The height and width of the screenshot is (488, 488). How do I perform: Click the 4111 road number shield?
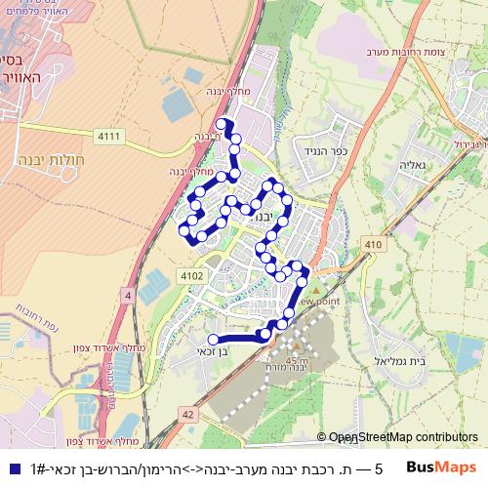click(108, 136)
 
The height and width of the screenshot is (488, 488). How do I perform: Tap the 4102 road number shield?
click(192, 276)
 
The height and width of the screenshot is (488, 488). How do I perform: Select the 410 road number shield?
click(371, 243)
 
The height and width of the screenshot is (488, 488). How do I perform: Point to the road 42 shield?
click(186, 414)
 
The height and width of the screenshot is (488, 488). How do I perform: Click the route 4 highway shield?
click(127, 295)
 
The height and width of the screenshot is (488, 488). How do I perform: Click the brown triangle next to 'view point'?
click(315, 290)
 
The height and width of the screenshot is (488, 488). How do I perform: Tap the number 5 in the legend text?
click(378, 468)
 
